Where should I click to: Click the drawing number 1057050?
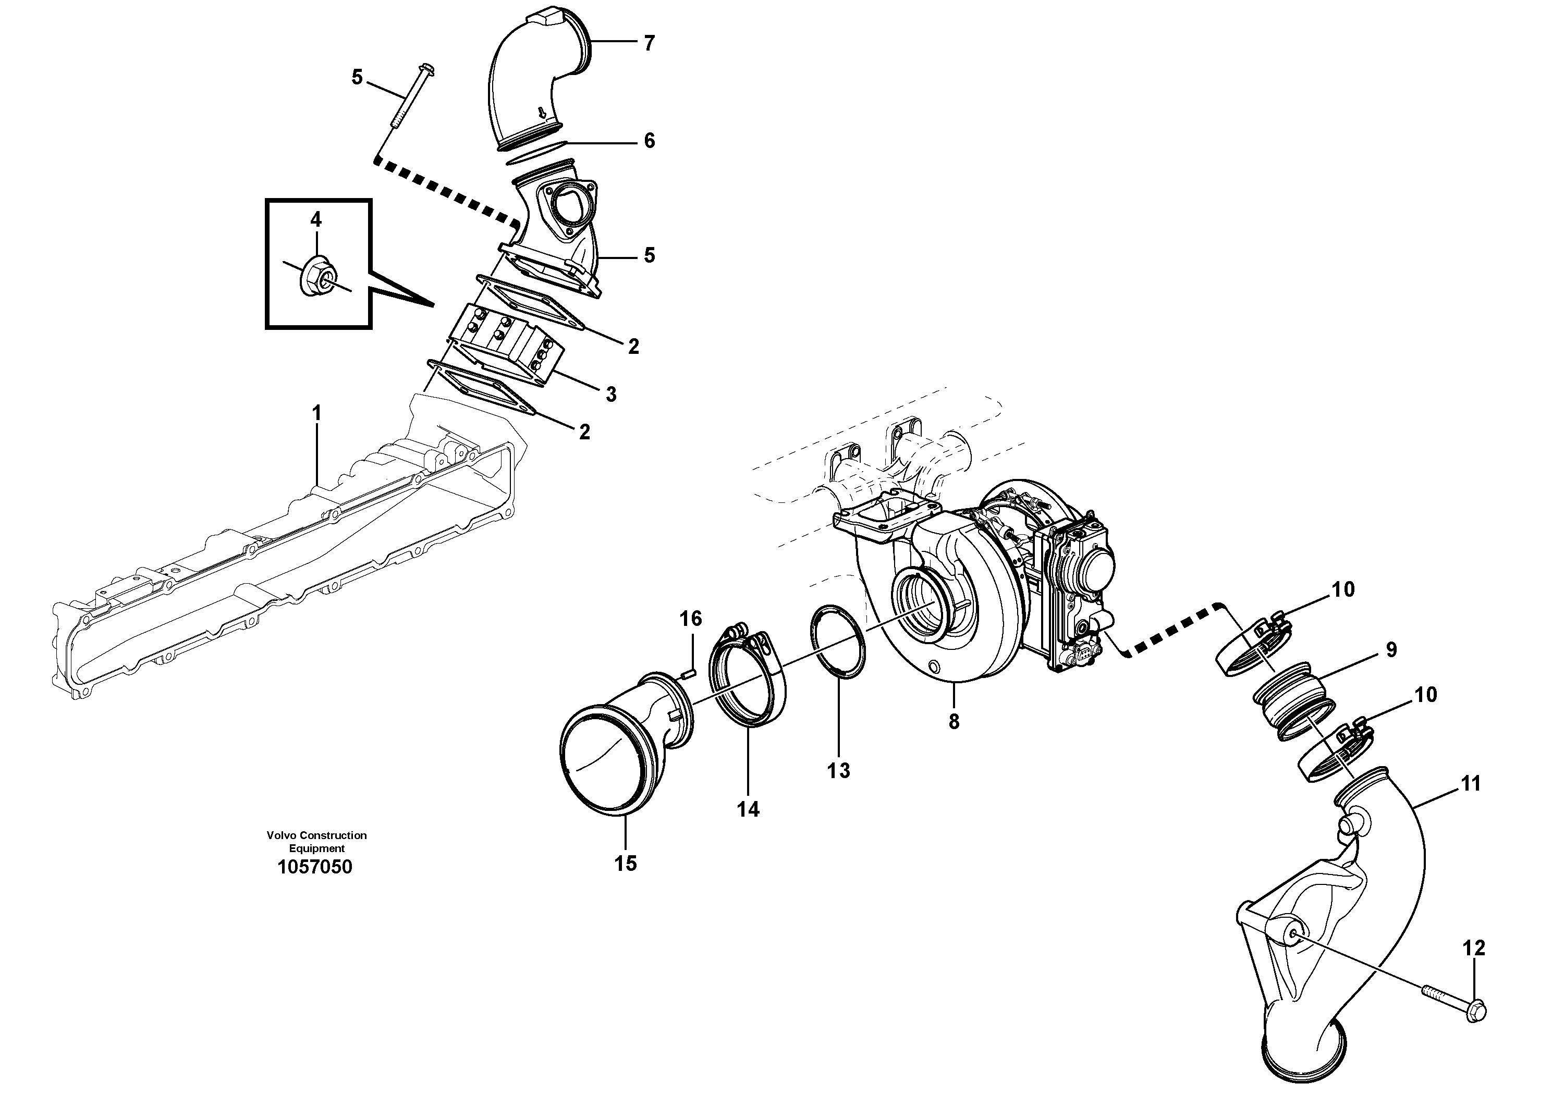coord(314,867)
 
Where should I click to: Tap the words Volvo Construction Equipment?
coord(316,841)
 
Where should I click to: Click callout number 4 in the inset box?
coord(316,219)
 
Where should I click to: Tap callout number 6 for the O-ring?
coord(649,141)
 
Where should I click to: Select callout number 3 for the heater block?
coord(610,394)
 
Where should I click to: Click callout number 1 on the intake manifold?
coord(316,413)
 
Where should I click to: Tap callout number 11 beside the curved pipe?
coord(1470,784)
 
